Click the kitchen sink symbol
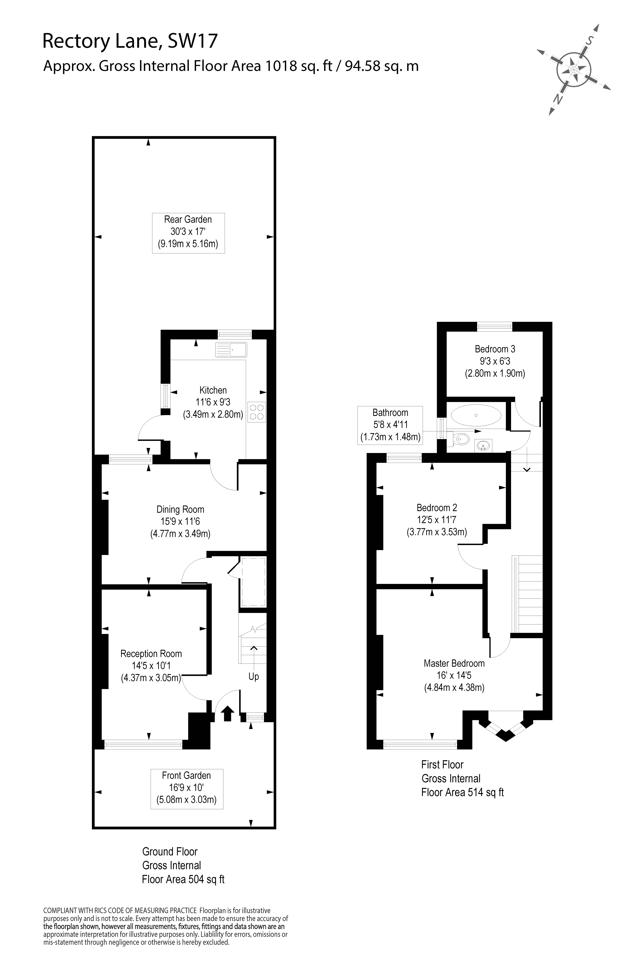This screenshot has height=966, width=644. [231, 349]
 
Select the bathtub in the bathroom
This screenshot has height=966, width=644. [476, 416]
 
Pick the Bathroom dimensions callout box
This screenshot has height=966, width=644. [390, 425]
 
